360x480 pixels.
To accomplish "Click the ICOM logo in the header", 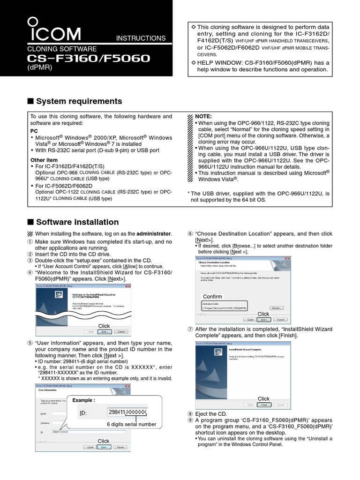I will tap(54, 30).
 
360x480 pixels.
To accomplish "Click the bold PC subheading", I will tap(34, 131).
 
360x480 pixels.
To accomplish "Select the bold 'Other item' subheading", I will tap(44, 160).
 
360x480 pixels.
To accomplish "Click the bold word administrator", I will tap(154, 234).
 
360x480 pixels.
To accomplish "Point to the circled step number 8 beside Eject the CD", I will tap(190, 414).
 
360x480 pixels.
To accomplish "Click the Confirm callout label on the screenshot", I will tap(212, 297).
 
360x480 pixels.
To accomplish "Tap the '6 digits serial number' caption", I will tap(131, 424).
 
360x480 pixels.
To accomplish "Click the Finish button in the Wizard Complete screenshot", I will tap(264, 405).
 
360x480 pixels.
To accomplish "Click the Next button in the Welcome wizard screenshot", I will tap(104, 332).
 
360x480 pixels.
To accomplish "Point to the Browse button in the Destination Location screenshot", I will tap(276, 308).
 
